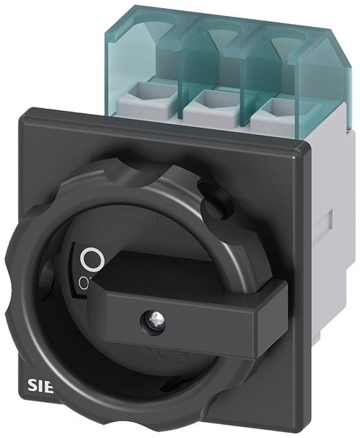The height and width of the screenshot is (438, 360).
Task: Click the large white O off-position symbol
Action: (91, 258)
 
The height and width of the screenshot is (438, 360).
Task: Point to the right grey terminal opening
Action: (275, 107)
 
